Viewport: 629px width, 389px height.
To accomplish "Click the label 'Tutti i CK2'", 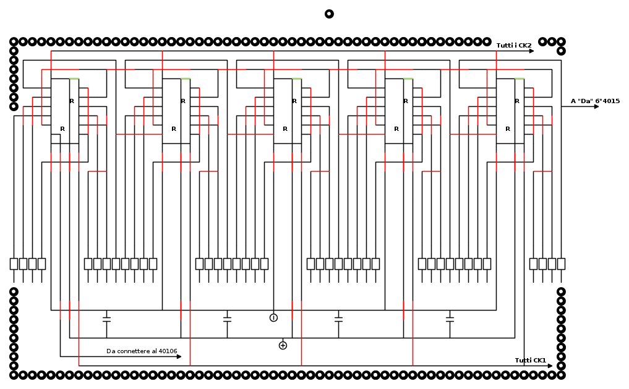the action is click(x=514, y=45).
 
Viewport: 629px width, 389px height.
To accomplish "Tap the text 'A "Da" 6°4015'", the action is click(x=596, y=101).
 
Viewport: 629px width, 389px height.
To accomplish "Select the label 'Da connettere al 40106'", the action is click(x=142, y=351).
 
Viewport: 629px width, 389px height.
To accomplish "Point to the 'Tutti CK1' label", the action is click(x=530, y=360).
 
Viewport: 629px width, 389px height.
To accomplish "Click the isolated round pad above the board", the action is click(x=329, y=14).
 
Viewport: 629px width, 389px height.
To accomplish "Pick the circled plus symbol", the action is click(x=283, y=345).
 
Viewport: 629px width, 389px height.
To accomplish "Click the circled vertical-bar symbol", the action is click(x=273, y=318).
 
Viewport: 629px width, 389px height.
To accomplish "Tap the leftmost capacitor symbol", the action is click(x=106, y=319).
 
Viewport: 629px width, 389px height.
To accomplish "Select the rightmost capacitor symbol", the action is click(x=450, y=319).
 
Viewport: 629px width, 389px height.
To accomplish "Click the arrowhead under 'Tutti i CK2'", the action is click(x=531, y=51).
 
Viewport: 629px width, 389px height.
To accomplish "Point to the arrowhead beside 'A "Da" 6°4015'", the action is click(x=596, y=107).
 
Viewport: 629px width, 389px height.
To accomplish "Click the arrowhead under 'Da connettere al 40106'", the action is click(x=179, y=356).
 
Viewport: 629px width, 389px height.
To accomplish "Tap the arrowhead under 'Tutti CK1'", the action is click(x=550, y=366).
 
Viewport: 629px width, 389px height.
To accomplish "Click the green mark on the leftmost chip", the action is click(x=74, y=78).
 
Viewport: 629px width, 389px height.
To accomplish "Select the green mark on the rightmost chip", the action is click(x=520, y=78).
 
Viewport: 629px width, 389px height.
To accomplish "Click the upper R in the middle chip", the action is click(x=294, y=101).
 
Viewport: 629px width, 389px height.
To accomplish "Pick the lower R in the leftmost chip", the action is click(x=62, y=129).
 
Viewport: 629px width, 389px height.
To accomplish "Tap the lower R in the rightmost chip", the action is click(x=508, y=129).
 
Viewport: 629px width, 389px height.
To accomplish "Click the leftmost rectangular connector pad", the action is click(x=14, y=264).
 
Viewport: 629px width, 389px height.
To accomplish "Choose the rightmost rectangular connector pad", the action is click(x=561, y=264).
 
